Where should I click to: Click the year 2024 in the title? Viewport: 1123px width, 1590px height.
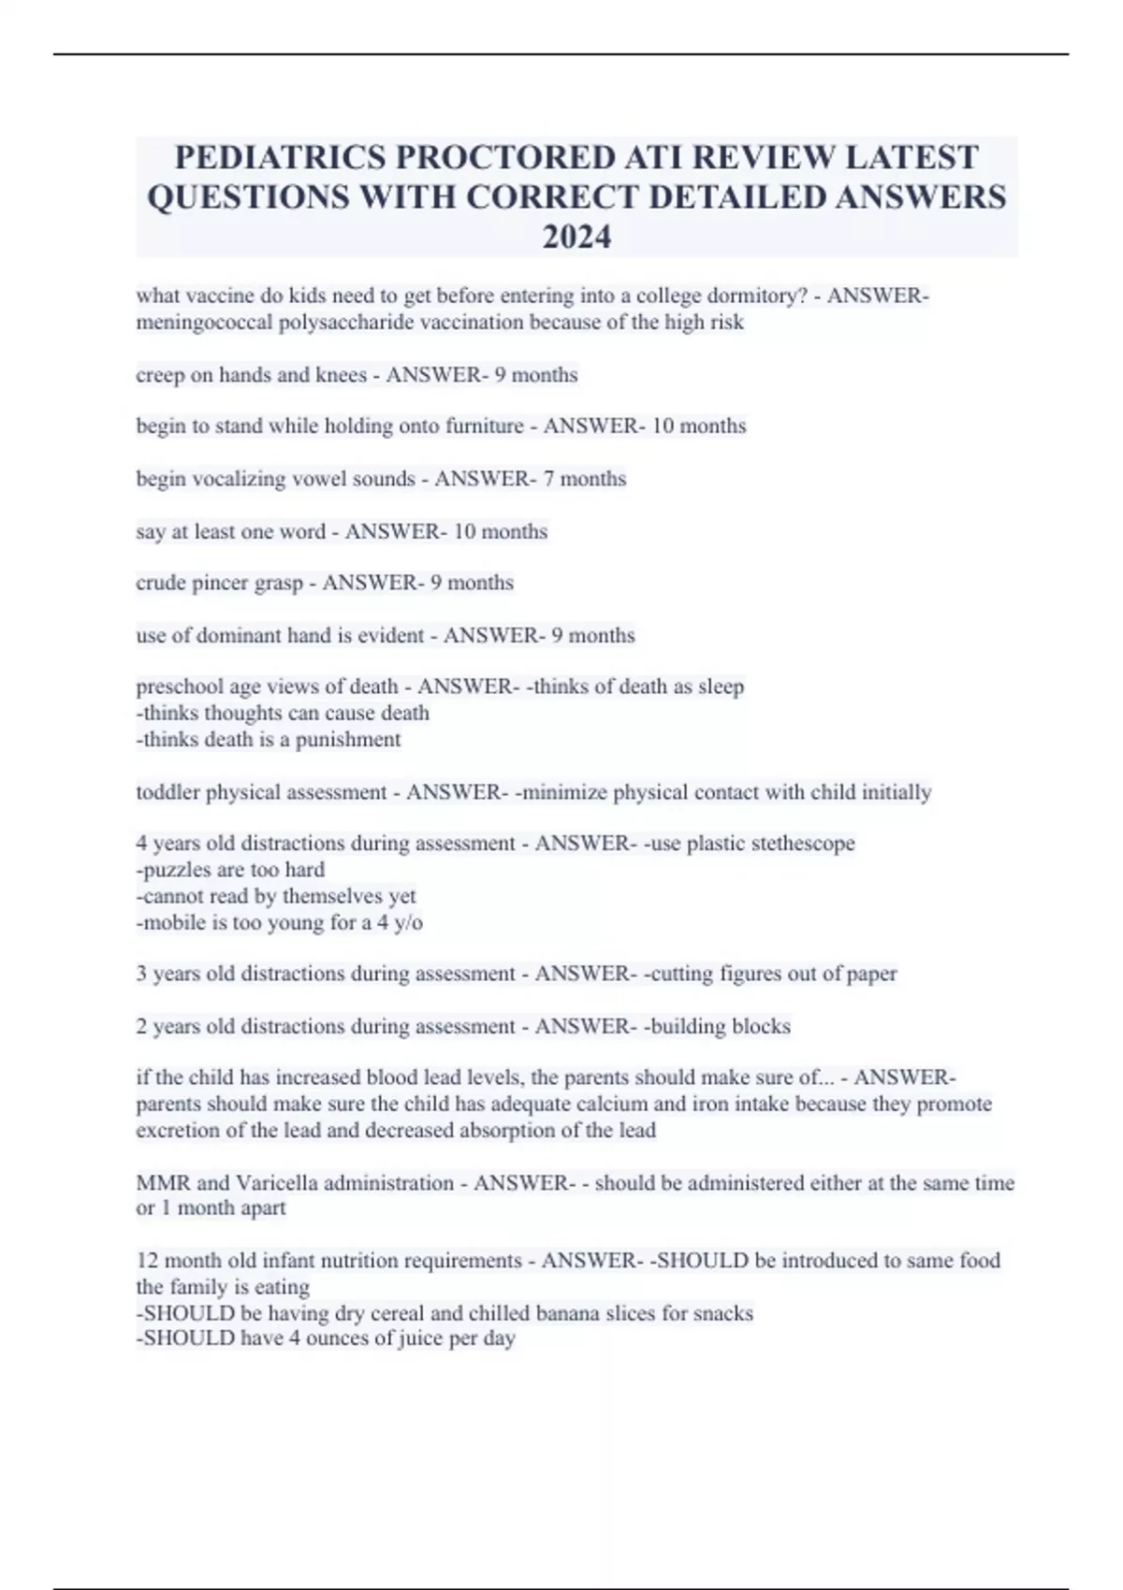[576, 238]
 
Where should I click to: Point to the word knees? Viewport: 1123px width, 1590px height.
[341, 375]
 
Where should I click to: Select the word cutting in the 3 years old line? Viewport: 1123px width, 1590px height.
[681, 974]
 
